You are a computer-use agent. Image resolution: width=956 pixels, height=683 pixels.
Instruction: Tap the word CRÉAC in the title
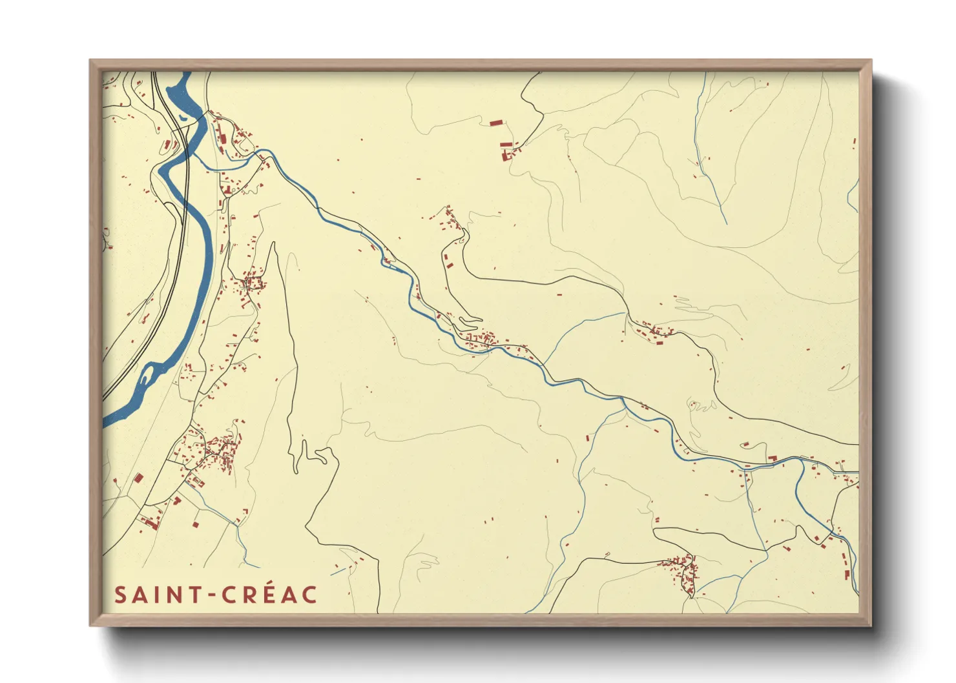click(270, 595)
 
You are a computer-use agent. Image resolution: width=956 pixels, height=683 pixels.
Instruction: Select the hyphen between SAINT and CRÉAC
click(211, 595)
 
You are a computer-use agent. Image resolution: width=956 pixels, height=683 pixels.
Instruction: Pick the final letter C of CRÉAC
click(310, 595)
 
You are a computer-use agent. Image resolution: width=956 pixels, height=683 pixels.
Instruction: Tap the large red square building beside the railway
click(138, 478)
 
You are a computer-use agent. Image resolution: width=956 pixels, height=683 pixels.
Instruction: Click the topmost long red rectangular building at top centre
click(495, 122)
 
